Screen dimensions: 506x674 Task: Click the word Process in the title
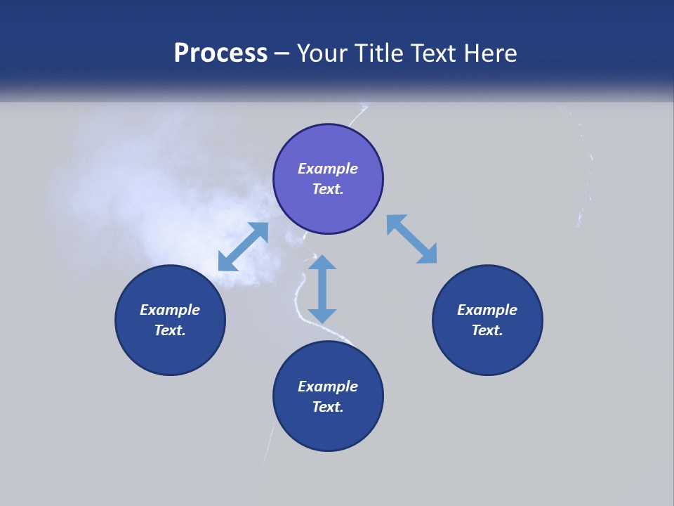[220, 53]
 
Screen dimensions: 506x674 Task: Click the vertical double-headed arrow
[322, 289]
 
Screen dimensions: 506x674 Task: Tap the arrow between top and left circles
[243, 247]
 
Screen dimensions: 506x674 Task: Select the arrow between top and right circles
[411, 239]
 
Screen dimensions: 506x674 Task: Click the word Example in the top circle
[328, 169]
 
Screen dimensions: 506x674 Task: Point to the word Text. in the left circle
[170, 330]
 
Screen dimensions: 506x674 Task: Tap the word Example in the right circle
[487, 310]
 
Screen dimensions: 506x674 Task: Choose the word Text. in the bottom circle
[328, 407]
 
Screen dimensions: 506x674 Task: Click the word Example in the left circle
[170, 310]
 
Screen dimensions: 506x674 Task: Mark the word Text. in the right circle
[487, 330]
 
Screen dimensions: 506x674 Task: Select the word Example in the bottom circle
[328, 387]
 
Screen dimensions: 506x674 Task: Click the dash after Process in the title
[282, 54]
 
